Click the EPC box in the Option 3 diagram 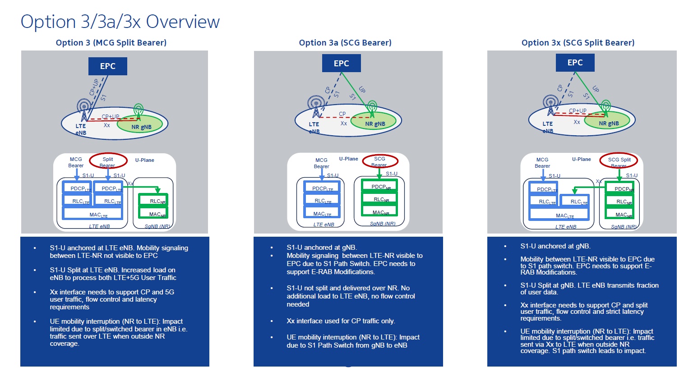coord(107,66)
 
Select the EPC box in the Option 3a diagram coord(341,64)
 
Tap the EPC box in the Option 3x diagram coord(575,63)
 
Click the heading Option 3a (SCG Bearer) coord(345,43)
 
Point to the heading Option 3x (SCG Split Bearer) coord(578,43)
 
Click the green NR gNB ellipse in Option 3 coord(141,124)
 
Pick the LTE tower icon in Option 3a coord(315,106)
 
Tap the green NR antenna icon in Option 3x coord(606,107)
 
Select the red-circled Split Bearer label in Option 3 coord(108,161)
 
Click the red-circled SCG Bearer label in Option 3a coord(380,161)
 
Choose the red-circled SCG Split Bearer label coord(619,161)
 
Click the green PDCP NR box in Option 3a coord(379,187)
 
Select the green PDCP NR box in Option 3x coord(619,188)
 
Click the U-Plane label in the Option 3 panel coord(144,160)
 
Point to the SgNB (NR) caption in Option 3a coord(383,224)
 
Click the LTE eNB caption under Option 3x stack coord(565,227)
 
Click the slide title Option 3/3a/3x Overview coord(120,22)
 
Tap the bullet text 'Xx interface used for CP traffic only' coord(341,321)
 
